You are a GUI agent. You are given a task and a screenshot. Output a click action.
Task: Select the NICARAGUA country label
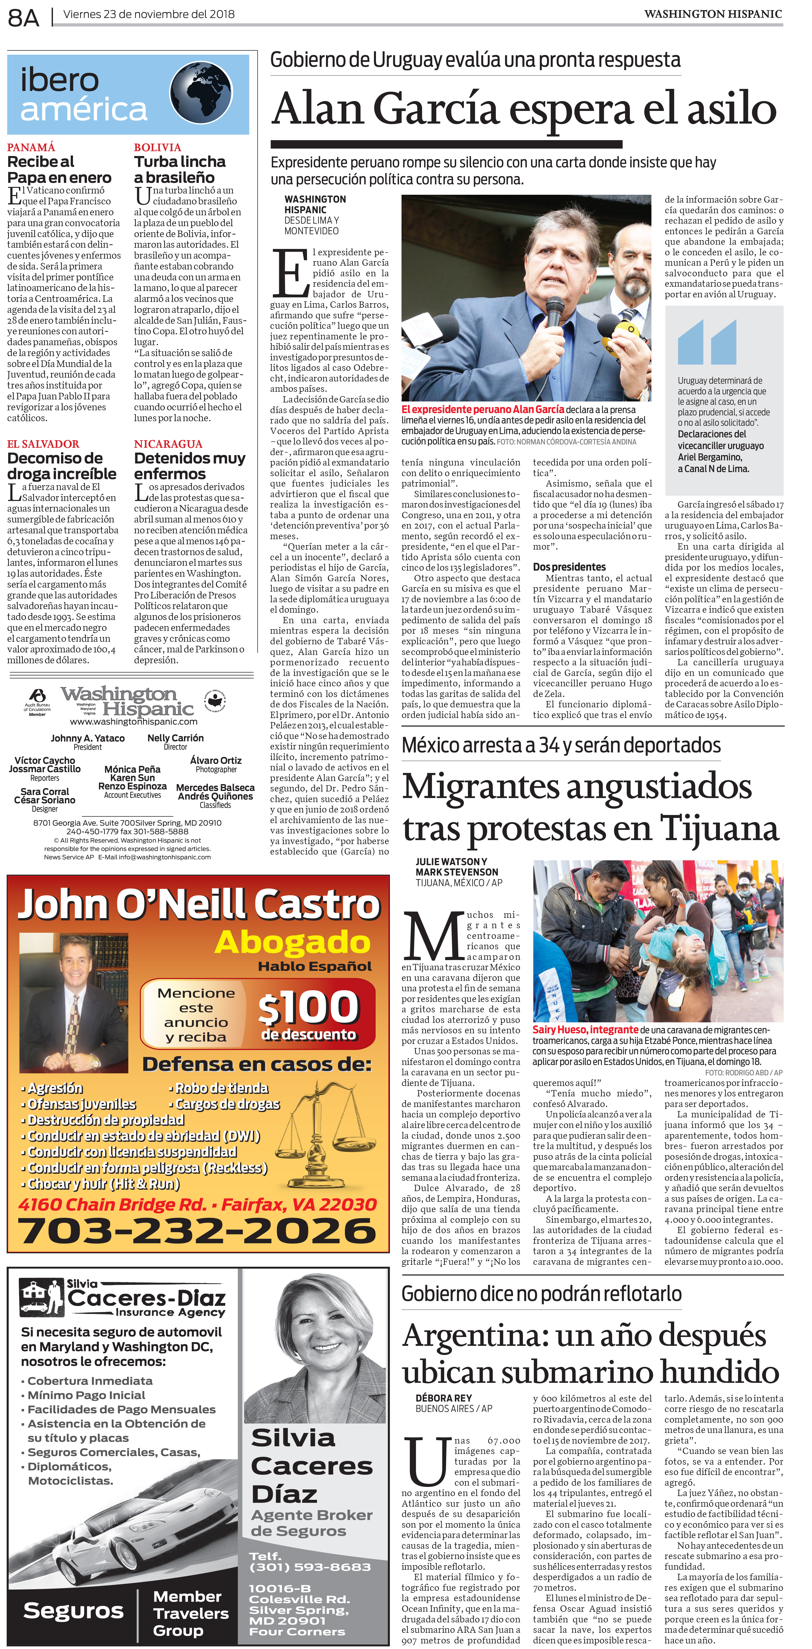pyautogui.click(x=168, y=444)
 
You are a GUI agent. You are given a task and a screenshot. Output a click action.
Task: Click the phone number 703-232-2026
pyautogui.click(x=197, y=1230)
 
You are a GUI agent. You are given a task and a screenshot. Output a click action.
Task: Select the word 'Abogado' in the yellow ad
pyautogui.click(x=293, y=942)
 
